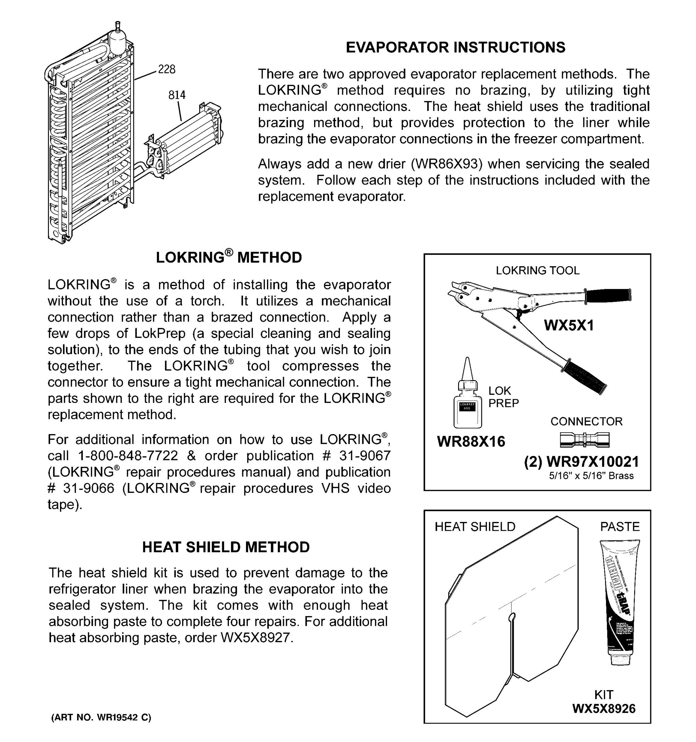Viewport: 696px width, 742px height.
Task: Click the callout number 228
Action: (x=166, y=70)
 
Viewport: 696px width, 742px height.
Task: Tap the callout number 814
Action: (x=177, y=95)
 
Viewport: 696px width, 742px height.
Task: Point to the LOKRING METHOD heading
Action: (x=229, y=258)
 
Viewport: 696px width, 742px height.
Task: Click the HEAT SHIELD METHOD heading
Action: (x=226, y=547)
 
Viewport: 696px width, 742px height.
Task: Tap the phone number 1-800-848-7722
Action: (x=128, y=456)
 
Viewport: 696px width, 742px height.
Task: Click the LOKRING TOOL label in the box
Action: (x=537, y=271)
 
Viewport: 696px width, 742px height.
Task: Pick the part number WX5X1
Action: (x=568, y=326)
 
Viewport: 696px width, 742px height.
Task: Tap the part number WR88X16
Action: (x=471, y=441)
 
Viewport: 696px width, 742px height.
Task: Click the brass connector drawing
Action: (x=584, y=440)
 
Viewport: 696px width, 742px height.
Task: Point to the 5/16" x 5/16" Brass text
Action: (x=591, y=476)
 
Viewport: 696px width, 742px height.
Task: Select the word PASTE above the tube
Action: (x=620, y=527)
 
